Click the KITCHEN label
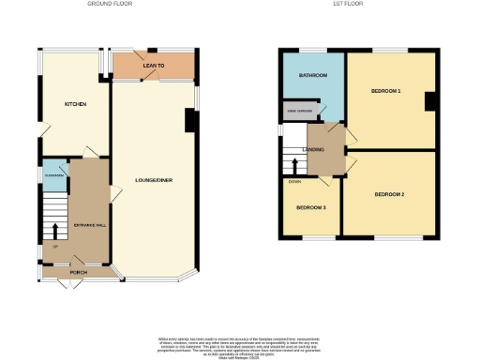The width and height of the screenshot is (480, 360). (75, 104)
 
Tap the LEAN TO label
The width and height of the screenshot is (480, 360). (154, 66)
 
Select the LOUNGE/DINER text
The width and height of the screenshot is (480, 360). (154, 179)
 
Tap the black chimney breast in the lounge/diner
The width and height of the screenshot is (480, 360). (190, 122)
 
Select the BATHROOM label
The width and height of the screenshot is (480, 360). (312, 74)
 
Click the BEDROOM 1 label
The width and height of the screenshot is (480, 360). (385, 91)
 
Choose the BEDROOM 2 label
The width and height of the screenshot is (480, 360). (389, 194)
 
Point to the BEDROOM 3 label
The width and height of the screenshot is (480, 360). (311, 207)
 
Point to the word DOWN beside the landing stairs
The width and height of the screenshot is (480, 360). (295, 181)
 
